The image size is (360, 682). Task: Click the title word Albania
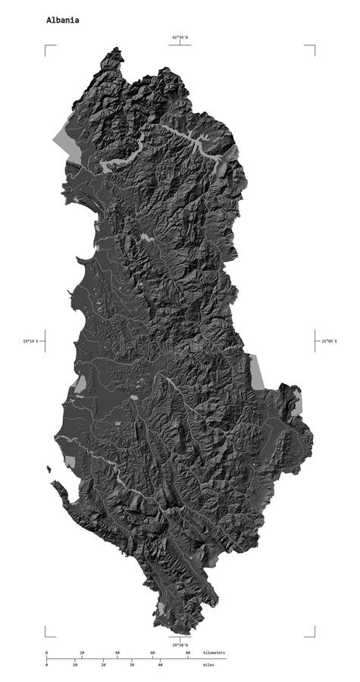point(62,21)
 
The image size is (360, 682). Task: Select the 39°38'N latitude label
point(180,645)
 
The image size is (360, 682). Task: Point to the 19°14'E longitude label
point(31,341)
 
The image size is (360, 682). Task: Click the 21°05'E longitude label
point(329,341)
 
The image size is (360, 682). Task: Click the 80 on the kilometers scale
point(188,652)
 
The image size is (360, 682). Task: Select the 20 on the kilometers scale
point(82,652)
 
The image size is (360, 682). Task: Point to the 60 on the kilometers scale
point(152,652)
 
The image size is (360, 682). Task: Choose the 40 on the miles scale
point(160,665)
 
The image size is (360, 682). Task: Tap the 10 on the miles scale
point(74,665)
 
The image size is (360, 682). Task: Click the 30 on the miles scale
point(132,665)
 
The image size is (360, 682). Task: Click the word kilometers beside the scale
point(214,652)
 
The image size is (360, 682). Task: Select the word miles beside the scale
point(208,665)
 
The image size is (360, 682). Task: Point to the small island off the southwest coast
point(49,470)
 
